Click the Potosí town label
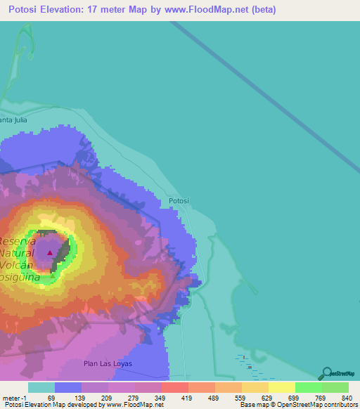[x=179, y=201]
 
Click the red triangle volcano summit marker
[x=50, y=252]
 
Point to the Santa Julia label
[x=15, y=119]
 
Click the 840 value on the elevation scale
[x=347, y=398]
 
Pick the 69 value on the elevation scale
[x=51, y=398]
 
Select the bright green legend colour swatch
[x=308, y=387]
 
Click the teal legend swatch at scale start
[x=41, y=387]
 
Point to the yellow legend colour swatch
[x=281, y=387]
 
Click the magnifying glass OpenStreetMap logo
[x=326, y=374]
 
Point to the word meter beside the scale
[x=13, y=398]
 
